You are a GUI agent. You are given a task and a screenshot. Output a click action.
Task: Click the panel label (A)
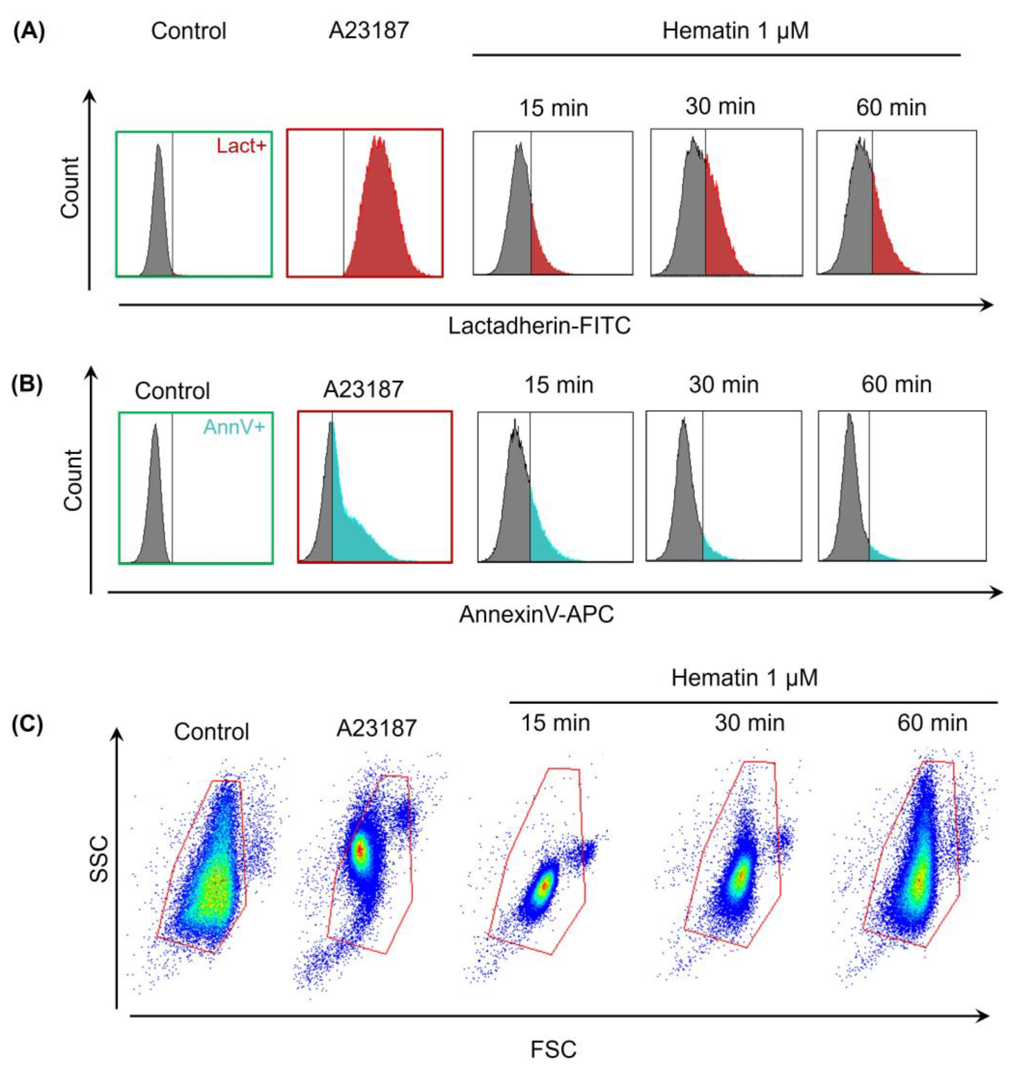[x=28, y=31]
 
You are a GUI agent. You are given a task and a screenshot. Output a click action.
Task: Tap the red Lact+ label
[x=241, y=146]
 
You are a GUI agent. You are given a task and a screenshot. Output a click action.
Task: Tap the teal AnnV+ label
[x=234, y=427]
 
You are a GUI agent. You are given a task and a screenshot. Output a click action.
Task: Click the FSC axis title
[x=553, y=1049]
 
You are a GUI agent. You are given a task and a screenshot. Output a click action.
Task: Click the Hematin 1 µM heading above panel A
[x=735, y=31]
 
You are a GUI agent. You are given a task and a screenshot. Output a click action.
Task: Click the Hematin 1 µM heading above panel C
[x=744, y=678]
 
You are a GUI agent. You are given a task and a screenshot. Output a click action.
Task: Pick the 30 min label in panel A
[x=720, y=107]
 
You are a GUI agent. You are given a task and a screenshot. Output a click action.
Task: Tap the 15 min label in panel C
[x=555, y=723]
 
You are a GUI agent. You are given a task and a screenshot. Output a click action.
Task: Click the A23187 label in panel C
[x=376, y=728]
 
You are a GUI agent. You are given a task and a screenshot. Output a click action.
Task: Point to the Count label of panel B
[x=73, y=480]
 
